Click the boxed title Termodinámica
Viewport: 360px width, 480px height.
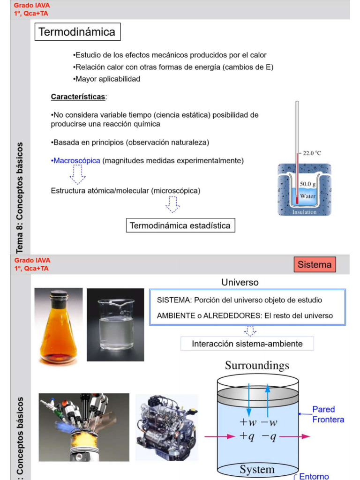point(77,32)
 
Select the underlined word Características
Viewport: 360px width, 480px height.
point(78,97)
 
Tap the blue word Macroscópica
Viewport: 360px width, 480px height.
point(76,160)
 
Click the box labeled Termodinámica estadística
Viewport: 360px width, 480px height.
point(180,225)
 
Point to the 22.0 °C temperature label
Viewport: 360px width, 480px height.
point(312,153)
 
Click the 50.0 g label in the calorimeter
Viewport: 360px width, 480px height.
point(307,184)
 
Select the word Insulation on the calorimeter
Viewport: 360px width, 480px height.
point(304,212)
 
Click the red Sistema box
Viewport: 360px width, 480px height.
point(315,264)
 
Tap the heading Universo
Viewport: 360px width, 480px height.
point(240,282)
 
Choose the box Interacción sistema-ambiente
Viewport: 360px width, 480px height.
point(247,344)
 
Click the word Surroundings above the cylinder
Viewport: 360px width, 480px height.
point(257,365)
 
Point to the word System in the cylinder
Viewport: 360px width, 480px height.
point(257,469)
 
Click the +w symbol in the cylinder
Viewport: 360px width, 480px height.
point(248,422)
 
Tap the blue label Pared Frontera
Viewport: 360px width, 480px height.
point(328,414)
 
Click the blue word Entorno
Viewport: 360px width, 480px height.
point(314,476)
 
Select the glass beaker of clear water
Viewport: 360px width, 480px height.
point(115,324)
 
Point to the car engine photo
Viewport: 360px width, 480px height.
point(166,427)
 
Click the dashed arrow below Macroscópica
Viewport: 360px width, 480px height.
point(77,175)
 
